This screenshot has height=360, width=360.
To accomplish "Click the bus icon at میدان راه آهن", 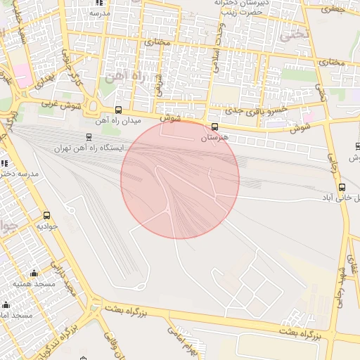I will [x=118, y=110].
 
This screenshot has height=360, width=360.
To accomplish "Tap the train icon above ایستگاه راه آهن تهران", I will [x=89, y=137].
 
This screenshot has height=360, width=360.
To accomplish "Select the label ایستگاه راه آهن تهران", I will [x=88, y=148].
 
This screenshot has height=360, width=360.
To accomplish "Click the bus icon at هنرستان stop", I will [x=214, y=127].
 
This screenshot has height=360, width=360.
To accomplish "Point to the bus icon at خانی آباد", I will [x=342, y=188].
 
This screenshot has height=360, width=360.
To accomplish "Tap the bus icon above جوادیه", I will [x=47, y=216].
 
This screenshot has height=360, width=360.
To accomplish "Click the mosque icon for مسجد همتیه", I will [x=34, y=274].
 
